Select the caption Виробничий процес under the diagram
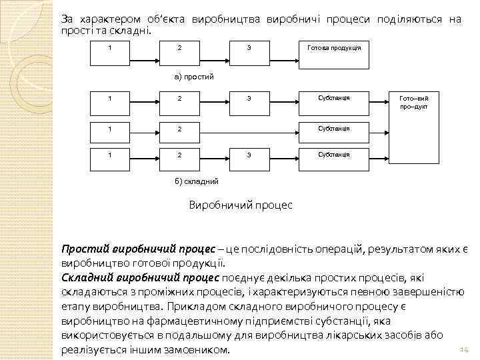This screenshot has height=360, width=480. tap(241, 205)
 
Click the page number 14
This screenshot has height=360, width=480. tap(465, 350)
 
